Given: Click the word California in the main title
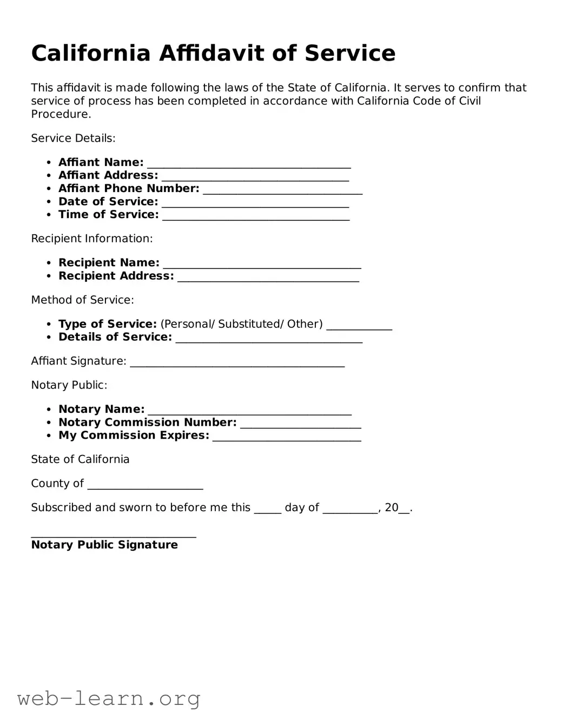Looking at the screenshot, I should point(90,53).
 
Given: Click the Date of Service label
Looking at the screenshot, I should point(108,202).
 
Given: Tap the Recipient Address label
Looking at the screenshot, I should point(116,276).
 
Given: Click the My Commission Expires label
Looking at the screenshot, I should point(134,435).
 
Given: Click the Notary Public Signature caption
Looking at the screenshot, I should point(104,545).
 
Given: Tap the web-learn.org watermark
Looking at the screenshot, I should point(109,698).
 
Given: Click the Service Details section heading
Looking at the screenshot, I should point(73,138).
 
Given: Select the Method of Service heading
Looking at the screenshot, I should point(82,300).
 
